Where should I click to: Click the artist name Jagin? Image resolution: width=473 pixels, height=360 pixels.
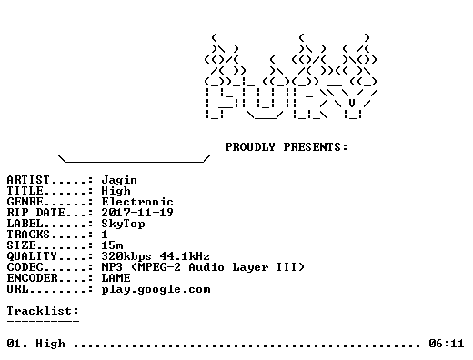[119, 180]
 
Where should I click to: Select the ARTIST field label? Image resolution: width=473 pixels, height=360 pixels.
[28, 180]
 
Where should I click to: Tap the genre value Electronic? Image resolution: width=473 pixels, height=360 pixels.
[137, 202]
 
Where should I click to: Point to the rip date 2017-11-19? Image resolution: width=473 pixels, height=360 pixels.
[137, 213]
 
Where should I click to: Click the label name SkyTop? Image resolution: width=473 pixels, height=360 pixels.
[123, 224]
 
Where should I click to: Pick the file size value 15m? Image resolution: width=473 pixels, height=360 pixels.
[112, 245]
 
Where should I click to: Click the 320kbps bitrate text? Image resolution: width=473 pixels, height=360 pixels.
[126, 256]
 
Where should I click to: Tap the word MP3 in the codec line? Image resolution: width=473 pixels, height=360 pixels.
[112, 267]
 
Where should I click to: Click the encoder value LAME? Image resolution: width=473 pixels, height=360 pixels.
[116, 278]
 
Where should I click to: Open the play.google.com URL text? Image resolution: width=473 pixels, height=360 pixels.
[156, 290]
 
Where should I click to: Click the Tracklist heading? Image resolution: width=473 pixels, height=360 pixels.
[43, 311]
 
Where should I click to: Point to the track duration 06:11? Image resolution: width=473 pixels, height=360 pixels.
[447, 344]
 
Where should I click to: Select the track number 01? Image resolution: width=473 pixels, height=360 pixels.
[14, 344]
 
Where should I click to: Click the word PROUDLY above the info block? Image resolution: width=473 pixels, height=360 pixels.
[250, 147]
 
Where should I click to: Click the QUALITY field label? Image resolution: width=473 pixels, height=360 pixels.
[32, 256]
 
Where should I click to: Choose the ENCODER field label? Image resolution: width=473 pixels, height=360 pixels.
[32, 278]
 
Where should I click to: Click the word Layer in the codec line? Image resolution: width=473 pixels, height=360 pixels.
[250, 267]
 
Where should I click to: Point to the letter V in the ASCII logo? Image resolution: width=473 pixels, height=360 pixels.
[352, 103]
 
